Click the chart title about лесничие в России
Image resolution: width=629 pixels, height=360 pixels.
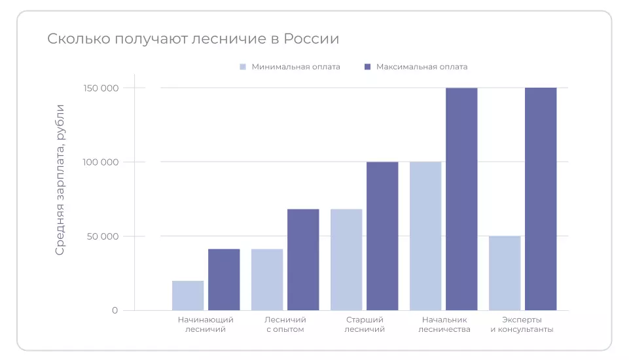pyautogui.click(x=193, y=39)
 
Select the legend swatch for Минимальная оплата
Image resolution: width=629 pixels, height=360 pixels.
pyautogui.click(x=243, y=67)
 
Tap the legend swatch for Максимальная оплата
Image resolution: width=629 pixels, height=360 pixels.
pyautogui.click(x=367, y=67)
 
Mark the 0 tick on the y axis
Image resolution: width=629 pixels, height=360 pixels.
pyautogui.click(x=115, y=310)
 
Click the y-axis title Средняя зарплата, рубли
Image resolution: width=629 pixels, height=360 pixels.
pyautogui.click(x=60, y=179)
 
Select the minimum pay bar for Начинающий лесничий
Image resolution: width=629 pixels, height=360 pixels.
pyautogui.click(x=188, y=295)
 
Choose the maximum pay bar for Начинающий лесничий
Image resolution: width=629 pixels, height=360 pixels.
pyautogui.click(x=224, y=279)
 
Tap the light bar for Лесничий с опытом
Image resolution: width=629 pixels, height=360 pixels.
pyautogui.click(x=267, y=279)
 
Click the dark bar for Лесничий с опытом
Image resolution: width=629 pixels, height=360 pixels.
pyautogui.click(x=303, y=260)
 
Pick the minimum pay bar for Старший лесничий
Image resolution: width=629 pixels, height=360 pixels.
pyautogui.click(x=346, y=260)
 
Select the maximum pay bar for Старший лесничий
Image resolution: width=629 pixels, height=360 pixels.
pyautogui.click(x=382, y=236)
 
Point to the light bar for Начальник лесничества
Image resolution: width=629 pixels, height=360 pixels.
pyautogui.click(x=425, y=236)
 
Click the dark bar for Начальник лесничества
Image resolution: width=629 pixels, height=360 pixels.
pyautogui.click(x=461, y=199)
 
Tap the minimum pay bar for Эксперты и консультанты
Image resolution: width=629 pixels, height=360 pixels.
pyautogui.click(x=505, y=273)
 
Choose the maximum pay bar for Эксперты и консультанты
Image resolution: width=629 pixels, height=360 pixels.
pyautogui.click(x=541, y=199)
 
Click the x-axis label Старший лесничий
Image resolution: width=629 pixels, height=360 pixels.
pyautogui.click(x=365, y=325)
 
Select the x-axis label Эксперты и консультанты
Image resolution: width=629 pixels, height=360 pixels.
pyautogui.click(x=522, y=325)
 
